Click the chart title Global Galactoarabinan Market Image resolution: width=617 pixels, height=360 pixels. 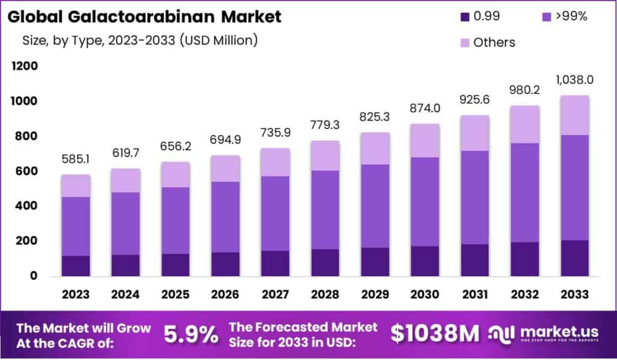click(x=145, y=17)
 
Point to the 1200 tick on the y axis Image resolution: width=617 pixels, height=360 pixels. click(x=25, y=66)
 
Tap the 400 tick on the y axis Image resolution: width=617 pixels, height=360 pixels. click(x=27, y=206)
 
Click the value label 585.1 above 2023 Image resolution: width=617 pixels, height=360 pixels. click(x=76, y=160)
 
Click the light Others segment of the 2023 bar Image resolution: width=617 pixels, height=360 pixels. click(x=76, y=186)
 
